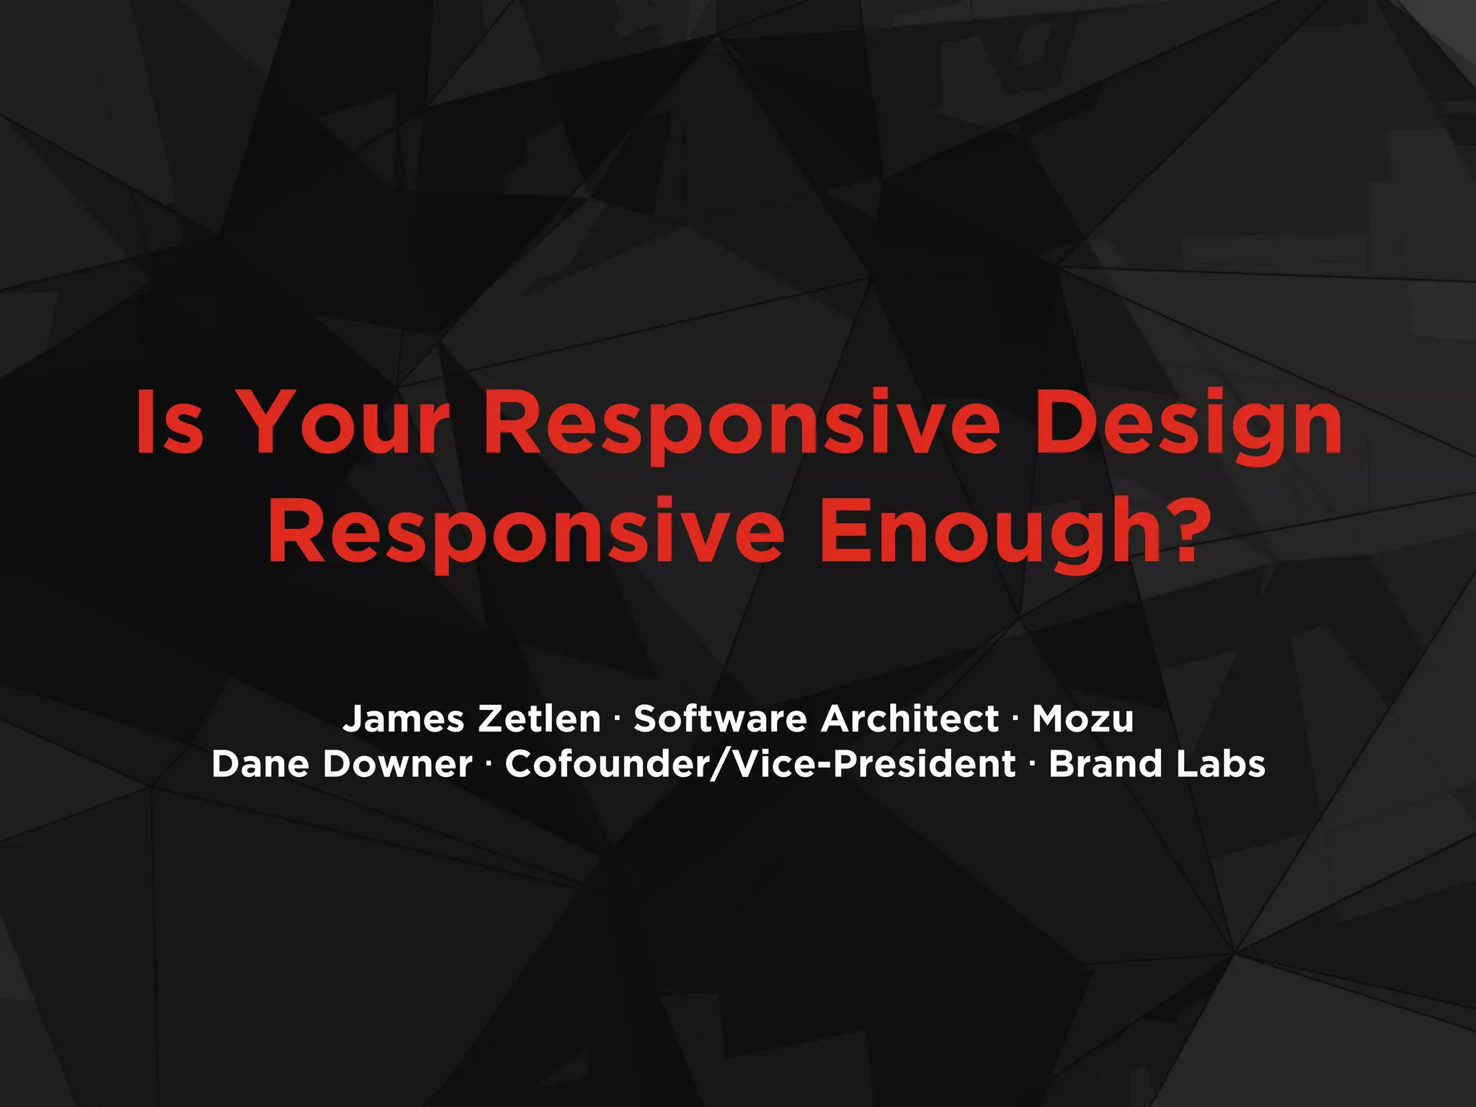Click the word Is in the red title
170,422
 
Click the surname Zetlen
539,719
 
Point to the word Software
720,719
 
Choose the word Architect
910,719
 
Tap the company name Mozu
1083,719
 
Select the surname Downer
397,764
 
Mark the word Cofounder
606,764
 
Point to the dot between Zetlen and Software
617,719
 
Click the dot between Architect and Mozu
1015,719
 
